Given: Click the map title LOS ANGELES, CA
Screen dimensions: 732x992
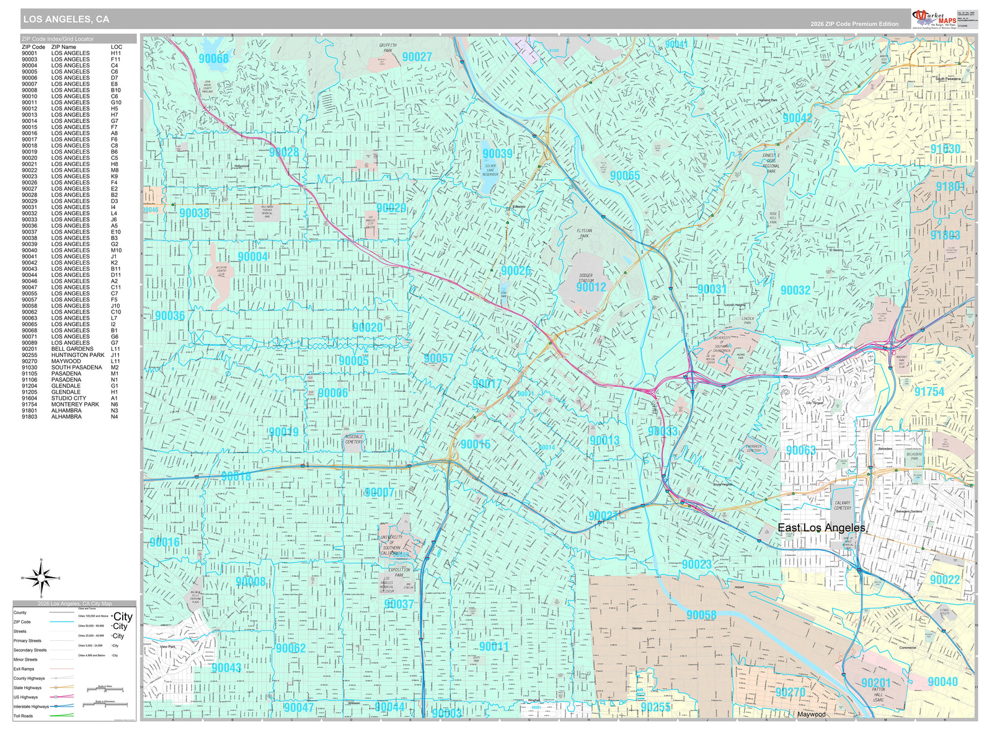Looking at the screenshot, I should [66, 19].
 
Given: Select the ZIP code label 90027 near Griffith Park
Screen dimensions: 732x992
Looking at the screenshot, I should [417, 57].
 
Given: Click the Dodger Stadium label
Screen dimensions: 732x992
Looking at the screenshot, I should [586, 278].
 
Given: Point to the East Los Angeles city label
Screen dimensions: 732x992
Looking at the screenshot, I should [821, 527].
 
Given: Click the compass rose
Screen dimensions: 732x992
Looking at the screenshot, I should [42, 578].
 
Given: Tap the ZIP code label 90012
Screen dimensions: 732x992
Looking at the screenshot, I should [591, 287].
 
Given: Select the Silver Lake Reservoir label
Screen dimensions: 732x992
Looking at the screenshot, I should [490, 170].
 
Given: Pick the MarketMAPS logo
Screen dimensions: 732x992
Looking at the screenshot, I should [933, 19].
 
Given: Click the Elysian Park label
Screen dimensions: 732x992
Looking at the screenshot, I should [584, 233].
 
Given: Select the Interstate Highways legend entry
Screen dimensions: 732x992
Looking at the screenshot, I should [31, 707].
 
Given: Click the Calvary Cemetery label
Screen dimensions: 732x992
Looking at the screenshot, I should [843, 505].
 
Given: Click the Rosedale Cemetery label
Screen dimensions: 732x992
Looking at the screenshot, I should [353, 439].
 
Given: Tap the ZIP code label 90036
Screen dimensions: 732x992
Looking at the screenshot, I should [169, 315].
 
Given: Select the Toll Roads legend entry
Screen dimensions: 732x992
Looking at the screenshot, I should [24, 716].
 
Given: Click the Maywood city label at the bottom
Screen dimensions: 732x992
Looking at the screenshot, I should [811, 714].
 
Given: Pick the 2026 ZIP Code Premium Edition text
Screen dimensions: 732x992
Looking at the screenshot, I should [854, 24].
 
